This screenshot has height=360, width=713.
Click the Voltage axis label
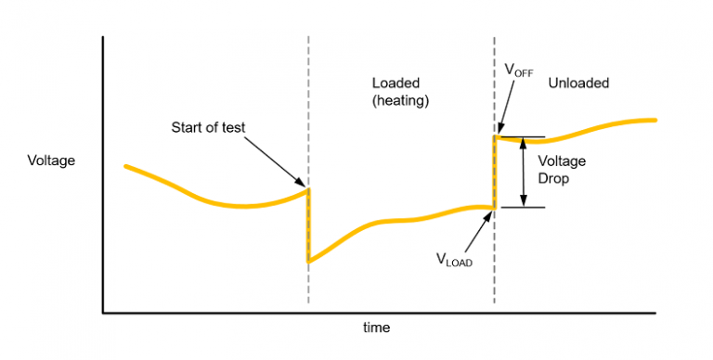51,161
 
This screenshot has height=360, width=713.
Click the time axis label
376,328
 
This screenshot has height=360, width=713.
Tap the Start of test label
209,127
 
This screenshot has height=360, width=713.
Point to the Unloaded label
578,83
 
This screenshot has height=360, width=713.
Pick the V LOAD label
455,262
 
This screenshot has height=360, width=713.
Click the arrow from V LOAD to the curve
476,231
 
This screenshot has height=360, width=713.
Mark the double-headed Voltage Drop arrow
524,172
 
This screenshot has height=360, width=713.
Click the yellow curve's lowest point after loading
309,261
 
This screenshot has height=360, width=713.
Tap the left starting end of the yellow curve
126,166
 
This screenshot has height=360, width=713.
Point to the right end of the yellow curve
655,121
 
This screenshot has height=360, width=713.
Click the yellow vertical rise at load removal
495,172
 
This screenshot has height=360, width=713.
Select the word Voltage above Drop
562,161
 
